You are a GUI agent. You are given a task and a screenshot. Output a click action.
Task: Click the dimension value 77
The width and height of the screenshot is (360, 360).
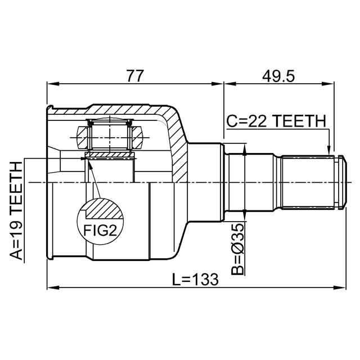(136, 76)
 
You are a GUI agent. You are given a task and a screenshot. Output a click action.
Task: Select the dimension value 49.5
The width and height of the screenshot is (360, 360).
(278, 76)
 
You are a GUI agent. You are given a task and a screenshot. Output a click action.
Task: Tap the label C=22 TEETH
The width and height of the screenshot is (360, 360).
(276, 121)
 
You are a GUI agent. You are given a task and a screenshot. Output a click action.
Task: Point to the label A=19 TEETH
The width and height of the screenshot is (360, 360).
(16, 211)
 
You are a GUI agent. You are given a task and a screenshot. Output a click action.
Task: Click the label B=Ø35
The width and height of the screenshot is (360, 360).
(237, 249)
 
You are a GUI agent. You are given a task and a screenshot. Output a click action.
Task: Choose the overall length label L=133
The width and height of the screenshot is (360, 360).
(195, 280)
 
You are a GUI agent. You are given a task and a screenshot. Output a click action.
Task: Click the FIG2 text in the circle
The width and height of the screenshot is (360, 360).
(100, 230)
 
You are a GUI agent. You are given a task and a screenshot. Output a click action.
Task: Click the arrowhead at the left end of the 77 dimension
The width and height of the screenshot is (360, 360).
(53, 84)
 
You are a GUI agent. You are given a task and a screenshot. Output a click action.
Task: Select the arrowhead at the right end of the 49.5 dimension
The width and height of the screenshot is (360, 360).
(328, 84)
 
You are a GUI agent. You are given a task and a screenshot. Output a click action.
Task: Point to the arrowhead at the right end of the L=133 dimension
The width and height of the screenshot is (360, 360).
(340, 287)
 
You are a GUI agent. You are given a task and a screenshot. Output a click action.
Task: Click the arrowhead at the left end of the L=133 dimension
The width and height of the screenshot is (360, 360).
(53, 287)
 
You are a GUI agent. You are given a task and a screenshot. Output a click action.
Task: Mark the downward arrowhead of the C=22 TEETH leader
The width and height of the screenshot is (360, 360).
(329, 150)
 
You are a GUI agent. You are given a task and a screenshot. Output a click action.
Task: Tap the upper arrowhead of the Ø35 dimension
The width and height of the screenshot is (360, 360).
(245, 149)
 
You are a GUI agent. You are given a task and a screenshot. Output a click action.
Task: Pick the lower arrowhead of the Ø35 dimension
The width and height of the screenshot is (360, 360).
(245, 215)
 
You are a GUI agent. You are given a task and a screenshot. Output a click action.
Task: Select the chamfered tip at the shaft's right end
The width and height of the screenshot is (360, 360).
(343, 182)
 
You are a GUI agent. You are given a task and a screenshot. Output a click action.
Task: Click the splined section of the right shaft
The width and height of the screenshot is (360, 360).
(308, 182)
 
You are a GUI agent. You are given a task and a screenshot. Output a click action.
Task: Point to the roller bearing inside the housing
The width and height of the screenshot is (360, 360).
(110, 137)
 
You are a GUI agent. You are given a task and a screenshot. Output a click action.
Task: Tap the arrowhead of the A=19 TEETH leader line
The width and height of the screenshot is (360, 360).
(83, 159)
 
